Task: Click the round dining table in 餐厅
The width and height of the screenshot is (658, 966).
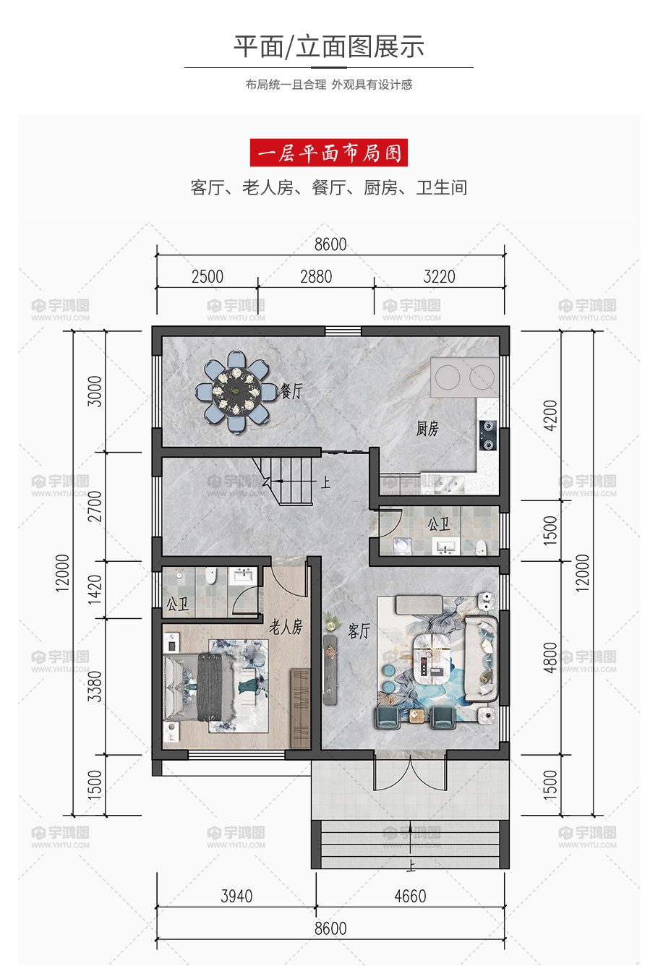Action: pos(236,392)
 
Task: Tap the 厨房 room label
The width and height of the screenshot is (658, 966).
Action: pos(427,429)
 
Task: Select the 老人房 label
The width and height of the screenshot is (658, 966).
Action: pos(286,627)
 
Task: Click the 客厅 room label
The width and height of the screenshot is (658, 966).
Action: pos(359,631)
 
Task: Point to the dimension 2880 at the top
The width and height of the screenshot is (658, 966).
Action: pos(316,276)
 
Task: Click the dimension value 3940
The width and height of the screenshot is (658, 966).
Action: pos(236,896)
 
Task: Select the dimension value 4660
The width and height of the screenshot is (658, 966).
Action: pos(410,896)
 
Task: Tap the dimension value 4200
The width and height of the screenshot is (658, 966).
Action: pos(551,415)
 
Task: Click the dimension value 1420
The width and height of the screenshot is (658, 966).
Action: pos(95,589)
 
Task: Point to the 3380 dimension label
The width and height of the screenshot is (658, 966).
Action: pos(95,687)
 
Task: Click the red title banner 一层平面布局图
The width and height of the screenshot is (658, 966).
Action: pos(328,153)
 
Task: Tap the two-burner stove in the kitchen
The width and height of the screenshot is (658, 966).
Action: pos(487,435)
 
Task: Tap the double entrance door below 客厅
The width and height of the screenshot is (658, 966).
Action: pos(410,772)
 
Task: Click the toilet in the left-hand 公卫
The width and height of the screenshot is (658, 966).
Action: pos(210,576)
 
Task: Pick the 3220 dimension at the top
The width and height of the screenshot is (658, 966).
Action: pos(439,276)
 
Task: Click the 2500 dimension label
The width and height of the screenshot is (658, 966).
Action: pos(208,276)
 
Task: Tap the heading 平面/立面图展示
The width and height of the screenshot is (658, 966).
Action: pos(329,46)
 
